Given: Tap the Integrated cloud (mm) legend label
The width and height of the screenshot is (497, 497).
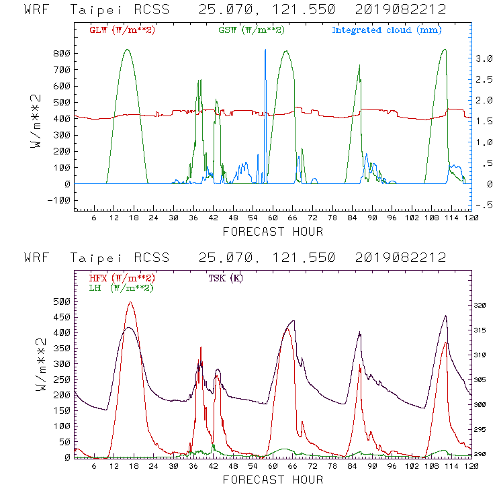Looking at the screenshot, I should coord(387,30).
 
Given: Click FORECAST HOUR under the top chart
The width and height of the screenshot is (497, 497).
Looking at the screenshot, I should coord(273,232).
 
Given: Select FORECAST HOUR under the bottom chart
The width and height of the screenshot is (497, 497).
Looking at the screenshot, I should coord(273,480).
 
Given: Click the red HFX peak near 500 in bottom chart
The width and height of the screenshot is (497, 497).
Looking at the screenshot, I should coord(130,303).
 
